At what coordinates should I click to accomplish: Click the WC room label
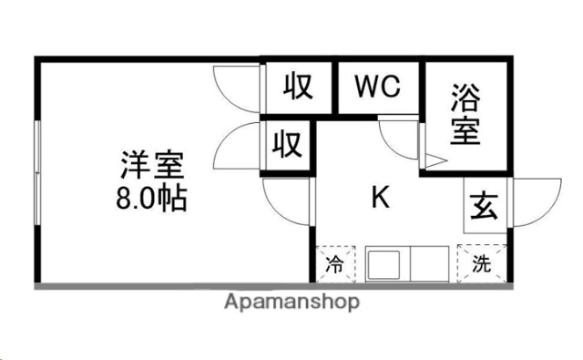tap(378, 87)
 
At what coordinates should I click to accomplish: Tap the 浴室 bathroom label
tap(465, 114)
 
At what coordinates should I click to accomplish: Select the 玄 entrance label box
tap(482, 207)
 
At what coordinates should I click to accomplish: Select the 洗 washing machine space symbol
tap(481, 265)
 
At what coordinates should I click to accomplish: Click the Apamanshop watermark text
tap(291, 302)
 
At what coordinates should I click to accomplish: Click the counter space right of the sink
tap(430, 266)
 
